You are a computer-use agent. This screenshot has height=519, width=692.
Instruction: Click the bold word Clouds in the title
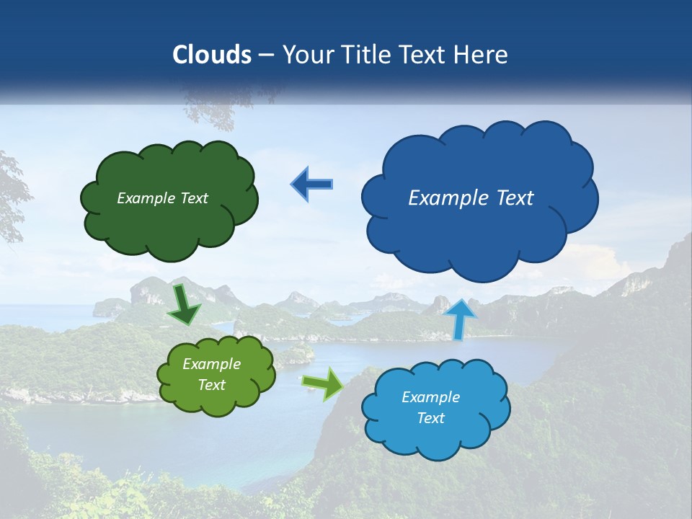211,55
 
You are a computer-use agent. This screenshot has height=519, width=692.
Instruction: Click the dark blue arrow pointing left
311,185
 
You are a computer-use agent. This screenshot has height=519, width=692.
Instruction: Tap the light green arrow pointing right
323,383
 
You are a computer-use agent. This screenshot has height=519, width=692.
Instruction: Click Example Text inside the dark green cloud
162,198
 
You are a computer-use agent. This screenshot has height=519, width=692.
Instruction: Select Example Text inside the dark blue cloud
471,198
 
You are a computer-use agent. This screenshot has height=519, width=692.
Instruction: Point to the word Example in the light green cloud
211,365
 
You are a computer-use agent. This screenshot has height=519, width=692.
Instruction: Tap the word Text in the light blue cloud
430,419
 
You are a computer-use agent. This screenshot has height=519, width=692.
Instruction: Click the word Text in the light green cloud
211,385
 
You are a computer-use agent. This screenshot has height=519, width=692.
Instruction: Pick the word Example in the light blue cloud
430,397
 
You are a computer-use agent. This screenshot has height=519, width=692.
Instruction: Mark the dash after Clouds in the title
265,55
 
